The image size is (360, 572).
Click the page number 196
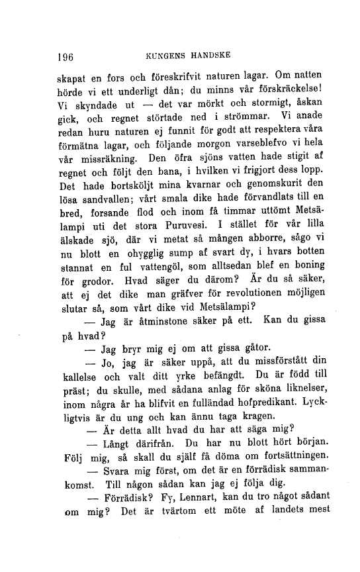tap(65, 56)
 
